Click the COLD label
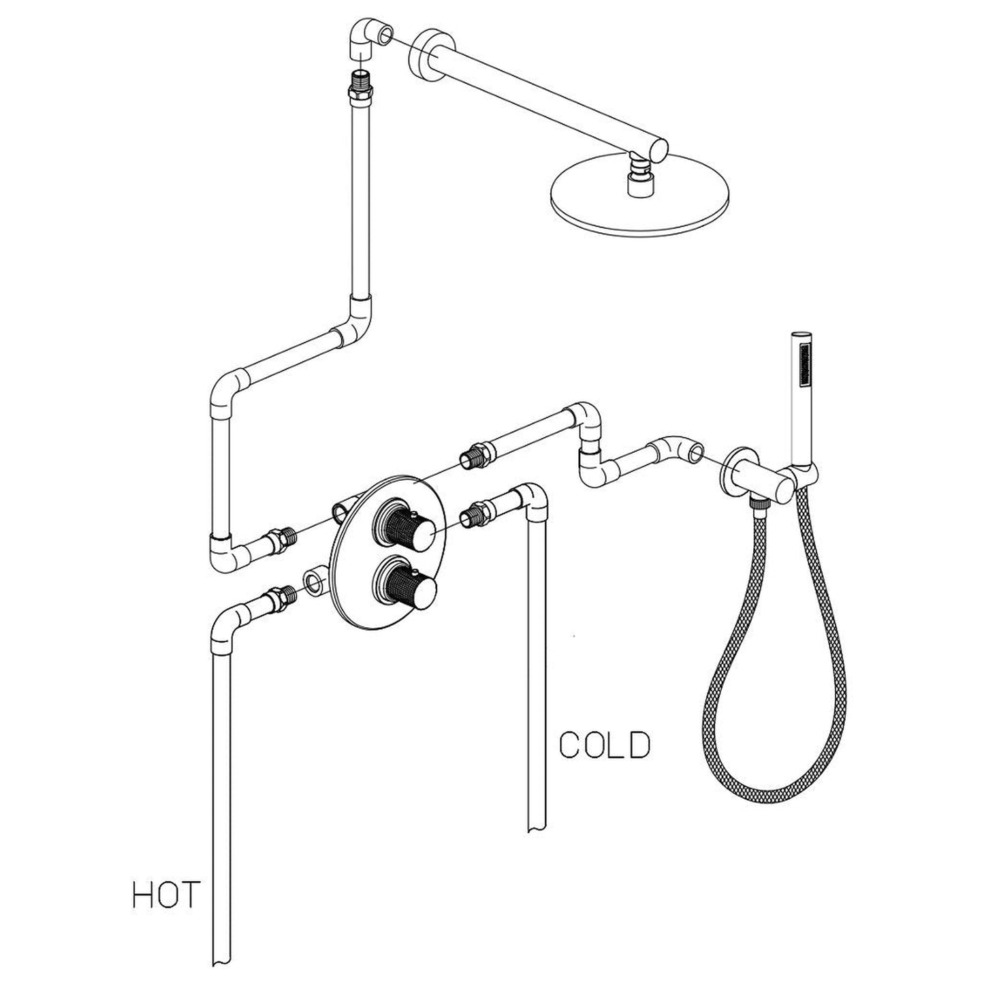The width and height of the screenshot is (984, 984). (604, 746)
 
